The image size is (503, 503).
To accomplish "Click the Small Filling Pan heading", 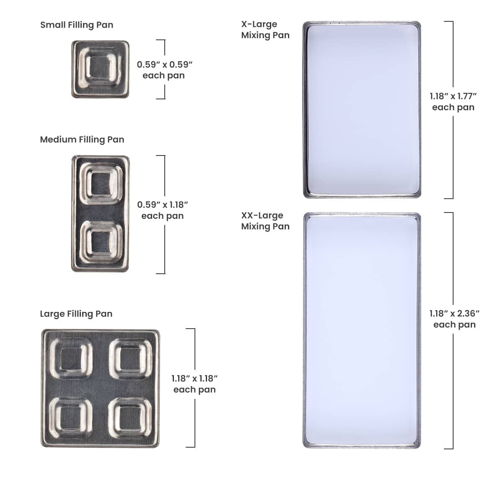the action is [x=77, y=25].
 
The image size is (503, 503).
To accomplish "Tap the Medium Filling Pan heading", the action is [x=82, y=140].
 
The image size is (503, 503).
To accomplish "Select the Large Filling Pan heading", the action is [x=76, y=314].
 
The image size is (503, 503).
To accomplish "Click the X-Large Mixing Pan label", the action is [x=265, y=29].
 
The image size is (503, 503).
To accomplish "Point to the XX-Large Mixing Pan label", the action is [x=265, y=221].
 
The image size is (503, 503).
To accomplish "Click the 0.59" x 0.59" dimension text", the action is [x=164, y=65].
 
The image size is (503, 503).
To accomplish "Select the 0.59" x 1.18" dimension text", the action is [x=163, y=205].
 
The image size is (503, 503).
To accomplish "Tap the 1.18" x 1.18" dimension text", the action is [x=194, y=379].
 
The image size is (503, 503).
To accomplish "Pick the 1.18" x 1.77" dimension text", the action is [x=453, y=96].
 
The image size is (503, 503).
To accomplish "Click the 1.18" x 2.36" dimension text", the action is [x=454, y=314].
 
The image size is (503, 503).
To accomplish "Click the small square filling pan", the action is [x=101, y=69].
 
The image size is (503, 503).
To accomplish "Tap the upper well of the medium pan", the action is [x=101, y=184].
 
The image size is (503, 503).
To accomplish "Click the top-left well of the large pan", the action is [x=71, y=359].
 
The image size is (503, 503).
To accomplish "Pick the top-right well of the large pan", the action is [x=130, y=359].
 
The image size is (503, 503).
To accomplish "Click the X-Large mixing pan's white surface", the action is [x=362, y=110].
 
